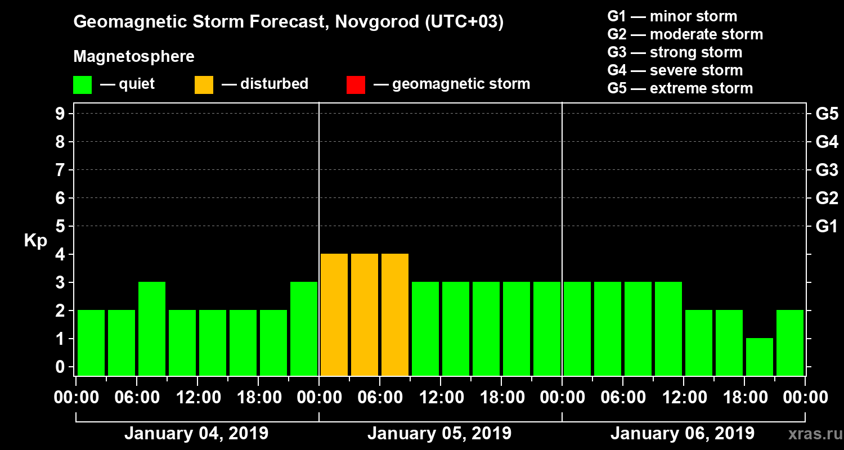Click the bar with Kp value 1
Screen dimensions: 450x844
[760, 357]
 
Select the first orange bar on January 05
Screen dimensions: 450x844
[334, 314]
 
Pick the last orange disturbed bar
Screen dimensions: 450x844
[395, 314]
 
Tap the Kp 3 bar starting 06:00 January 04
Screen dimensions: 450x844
[152, 328]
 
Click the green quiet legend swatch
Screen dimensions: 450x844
[82, 85]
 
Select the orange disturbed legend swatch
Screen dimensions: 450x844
[204, 85]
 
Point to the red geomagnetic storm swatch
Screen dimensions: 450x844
[356, 85]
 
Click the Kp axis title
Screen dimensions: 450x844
[35, 241]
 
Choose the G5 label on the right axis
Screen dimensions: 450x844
[827, 114]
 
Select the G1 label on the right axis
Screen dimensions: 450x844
[827, 226]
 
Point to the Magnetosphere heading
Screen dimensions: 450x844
[134, 57]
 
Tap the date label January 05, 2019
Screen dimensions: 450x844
[439, 434]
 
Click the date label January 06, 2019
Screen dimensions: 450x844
[683, 434]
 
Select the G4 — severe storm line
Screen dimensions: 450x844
[675, 70]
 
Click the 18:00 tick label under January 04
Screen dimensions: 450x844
[257, 398]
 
